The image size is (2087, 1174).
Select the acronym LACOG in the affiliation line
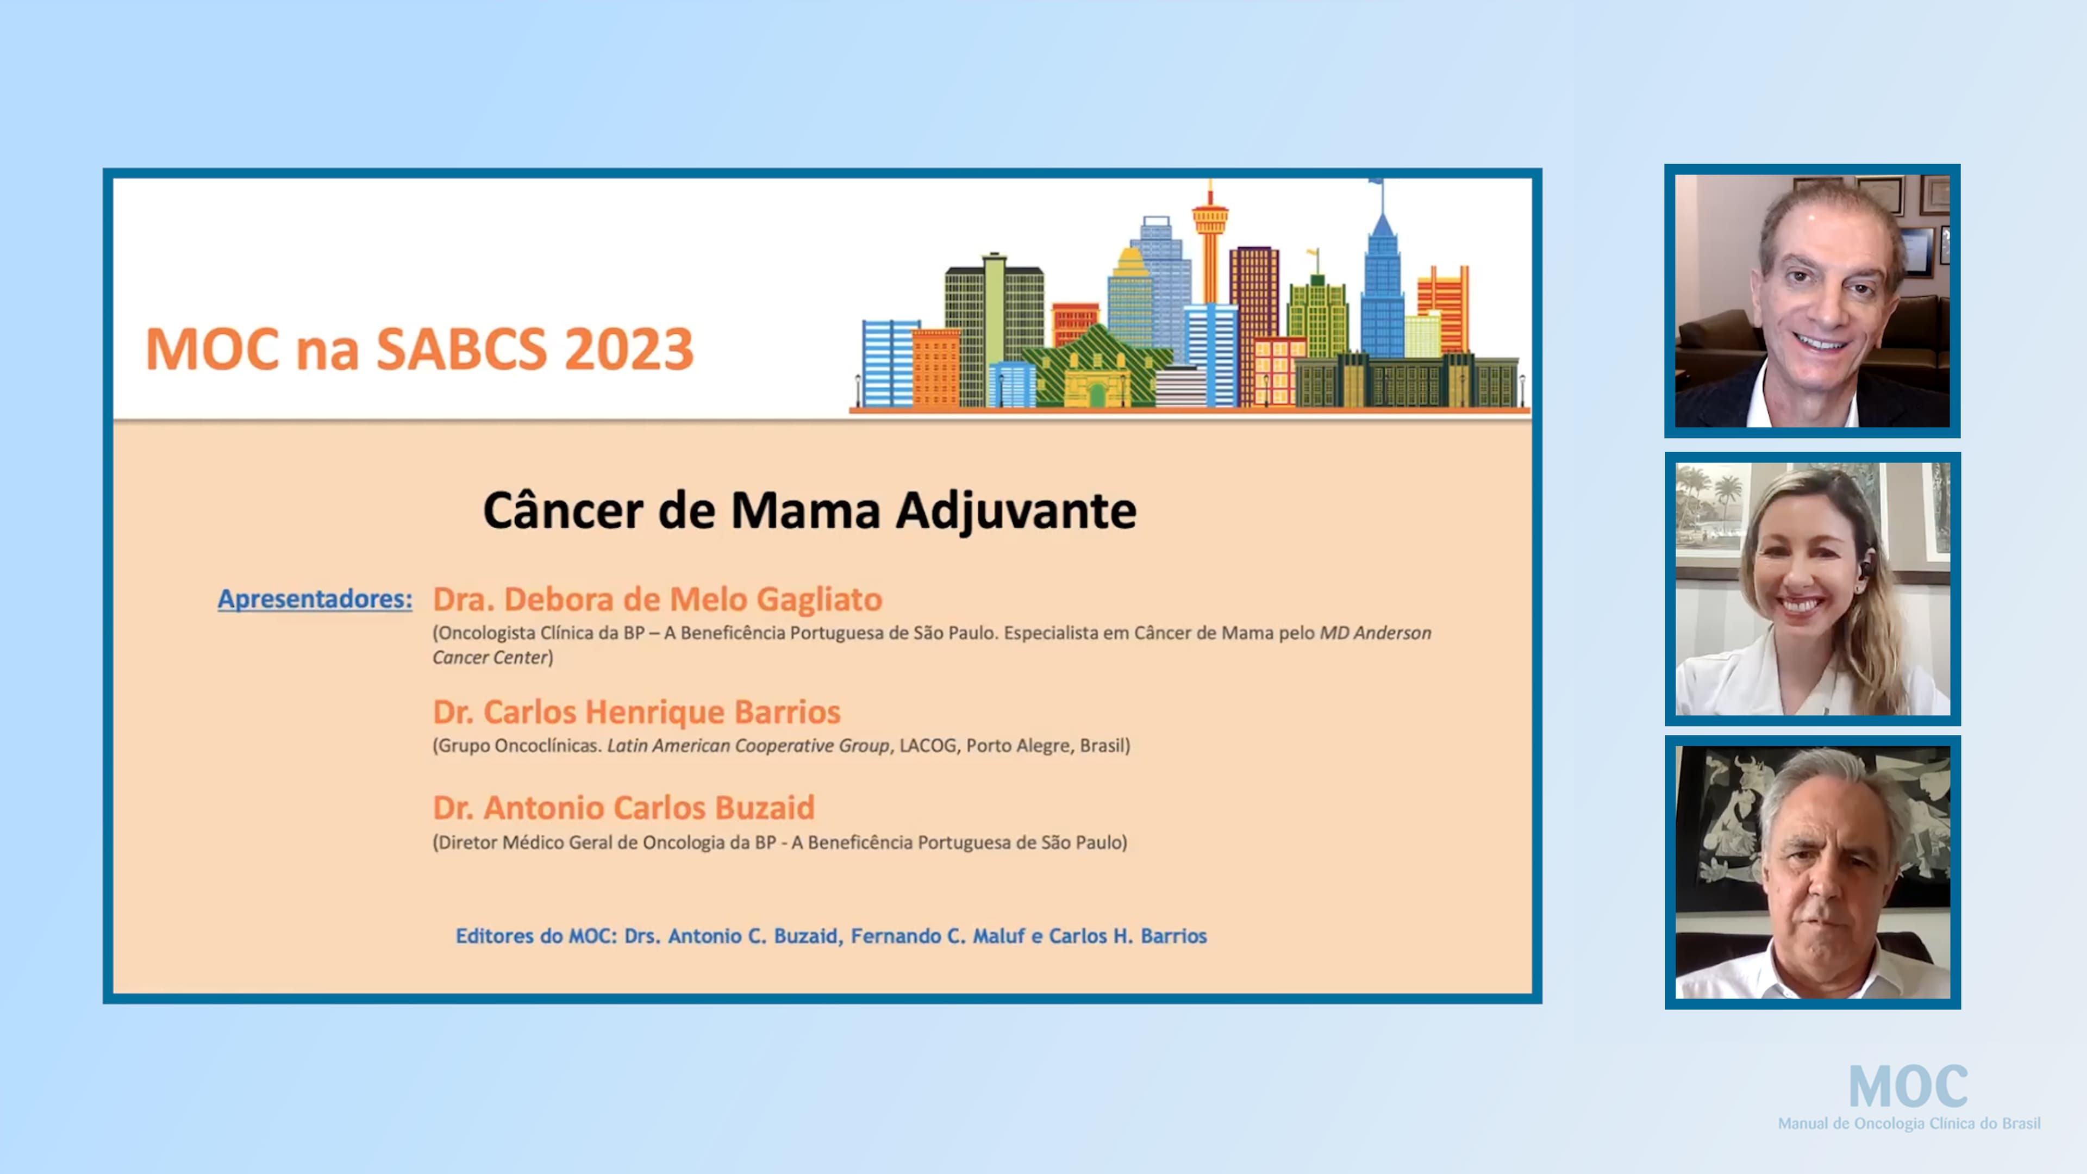[x=928, y=745]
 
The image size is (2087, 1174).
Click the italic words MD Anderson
[x=1375, y=633]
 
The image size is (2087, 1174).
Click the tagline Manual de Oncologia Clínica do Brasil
[x=1909, y=1124]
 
